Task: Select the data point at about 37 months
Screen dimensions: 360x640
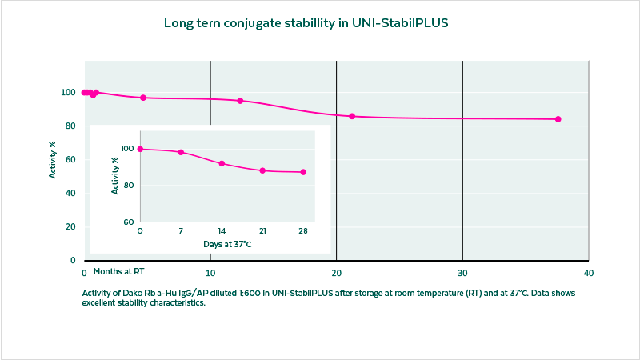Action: click(558, 119)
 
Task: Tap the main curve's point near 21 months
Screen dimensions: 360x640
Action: click(352, 117)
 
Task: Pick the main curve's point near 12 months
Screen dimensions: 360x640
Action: click(240, 101)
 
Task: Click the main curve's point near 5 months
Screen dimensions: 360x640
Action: click(143, 98)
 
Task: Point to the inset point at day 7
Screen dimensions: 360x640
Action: click(181, 152)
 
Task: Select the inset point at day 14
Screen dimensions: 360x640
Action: click(222, 164)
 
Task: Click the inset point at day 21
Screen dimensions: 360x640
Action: click(262, 170)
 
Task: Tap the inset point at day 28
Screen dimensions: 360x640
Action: click(303, 172)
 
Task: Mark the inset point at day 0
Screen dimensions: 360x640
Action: click(140, 149)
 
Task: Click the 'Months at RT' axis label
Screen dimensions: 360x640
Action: click(118, 272)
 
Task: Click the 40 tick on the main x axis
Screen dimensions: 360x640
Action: click(588, 273)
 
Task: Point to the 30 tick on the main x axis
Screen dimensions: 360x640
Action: click(462, 273)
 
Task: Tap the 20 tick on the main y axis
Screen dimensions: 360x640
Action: click(70, 227)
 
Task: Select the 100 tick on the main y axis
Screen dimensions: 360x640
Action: click(69, 93)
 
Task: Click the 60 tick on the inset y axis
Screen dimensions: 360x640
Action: click(127, 222)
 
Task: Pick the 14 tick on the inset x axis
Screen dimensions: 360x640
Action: click(222, 231)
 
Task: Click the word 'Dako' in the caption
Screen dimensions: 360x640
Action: click(134, 294)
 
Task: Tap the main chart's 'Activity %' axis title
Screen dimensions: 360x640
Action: click(53, 159)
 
